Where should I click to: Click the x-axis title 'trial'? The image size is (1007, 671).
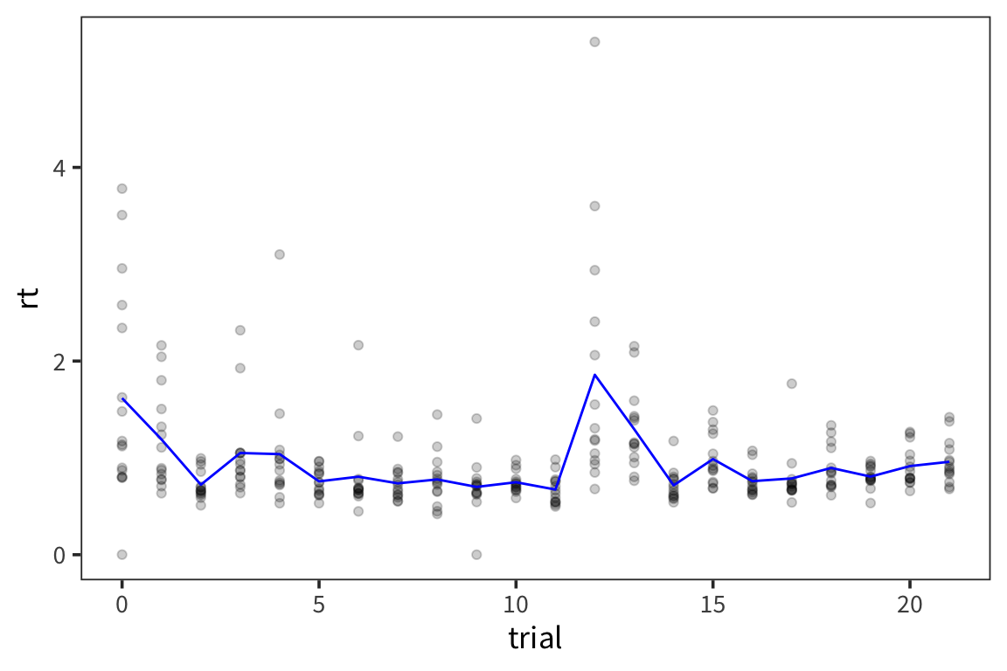535,639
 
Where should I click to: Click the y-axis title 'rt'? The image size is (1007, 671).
29,299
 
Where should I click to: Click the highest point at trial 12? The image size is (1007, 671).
594,42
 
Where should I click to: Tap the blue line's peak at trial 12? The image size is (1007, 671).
594,375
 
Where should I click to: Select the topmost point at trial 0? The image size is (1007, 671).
122,189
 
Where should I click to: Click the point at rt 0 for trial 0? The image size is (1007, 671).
122,555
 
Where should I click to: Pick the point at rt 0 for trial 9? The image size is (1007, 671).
476,555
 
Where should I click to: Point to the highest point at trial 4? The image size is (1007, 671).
280,254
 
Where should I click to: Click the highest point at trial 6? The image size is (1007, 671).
358,345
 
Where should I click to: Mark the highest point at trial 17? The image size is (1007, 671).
792,384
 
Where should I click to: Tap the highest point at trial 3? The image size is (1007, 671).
240,330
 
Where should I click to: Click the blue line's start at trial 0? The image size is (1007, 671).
122,399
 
